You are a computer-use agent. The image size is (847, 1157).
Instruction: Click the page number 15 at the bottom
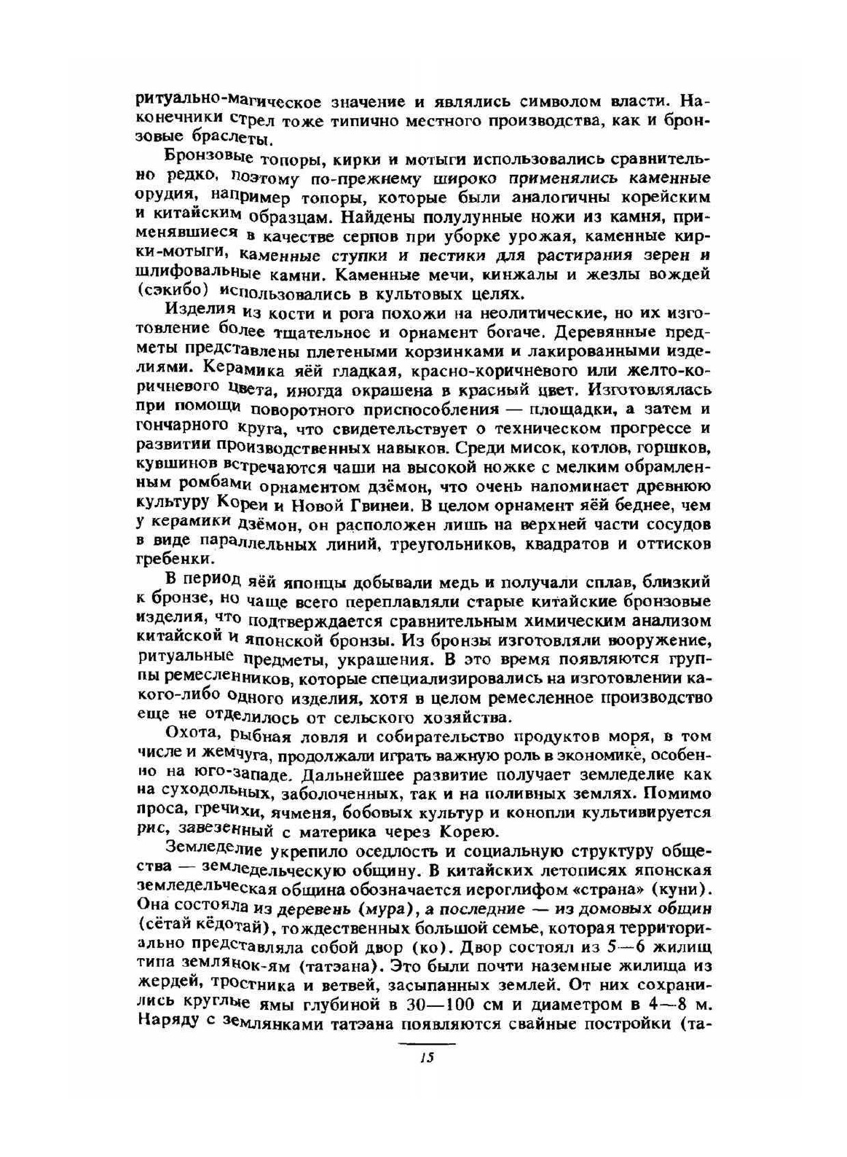point(428,1059)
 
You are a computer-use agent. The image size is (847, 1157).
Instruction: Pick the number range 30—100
point(417,1005)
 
